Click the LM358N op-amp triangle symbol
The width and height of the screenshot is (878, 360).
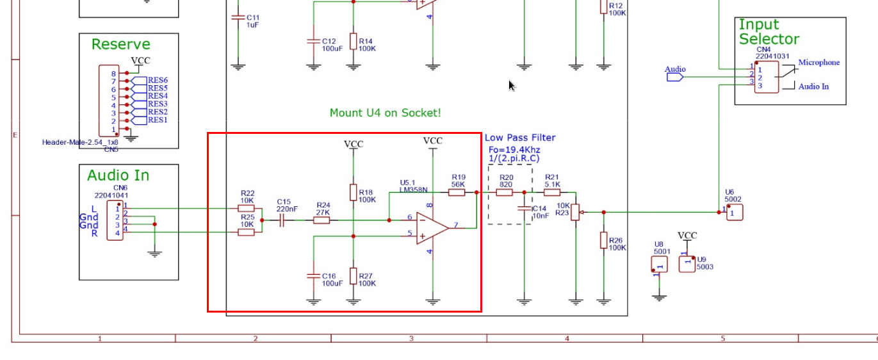pyautogui.click(x=432, y=228)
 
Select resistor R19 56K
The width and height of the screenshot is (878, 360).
pyautogui.click(x=457, y=193)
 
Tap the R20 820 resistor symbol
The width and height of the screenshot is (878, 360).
pyautogui.click(x=505, y=193)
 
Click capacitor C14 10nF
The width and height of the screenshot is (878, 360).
pyautogui.click(x=524, y=209)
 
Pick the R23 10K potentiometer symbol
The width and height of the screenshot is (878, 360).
pyautogui.click(x=575, y=212)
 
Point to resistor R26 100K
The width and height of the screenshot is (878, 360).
pyautogui.click(x=604, y=240)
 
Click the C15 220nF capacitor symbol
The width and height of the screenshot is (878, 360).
pyautogui.click(x=281, y=220)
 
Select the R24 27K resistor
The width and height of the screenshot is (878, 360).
pyautogui.click(x=321, y=220)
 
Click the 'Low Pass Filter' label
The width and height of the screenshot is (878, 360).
pyautogui.click(x=520, y=138)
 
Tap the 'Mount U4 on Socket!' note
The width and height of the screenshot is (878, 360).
pyautogui.click(x=386, y=113)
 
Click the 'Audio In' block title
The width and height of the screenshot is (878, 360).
pyautogui.click(x=118, y=176)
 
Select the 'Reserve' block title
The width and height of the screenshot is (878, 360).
pyautogui.click(x=121, y=44)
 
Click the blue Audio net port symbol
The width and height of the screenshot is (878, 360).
pyautogui.click(x=675, y=78)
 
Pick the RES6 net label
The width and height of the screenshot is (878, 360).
pyautogui.click(x=158, y=80)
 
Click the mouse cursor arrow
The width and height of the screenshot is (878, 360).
pyautogui.click(x=512, y=85)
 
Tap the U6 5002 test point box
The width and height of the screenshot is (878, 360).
pyautogui.click(x=735, y=213)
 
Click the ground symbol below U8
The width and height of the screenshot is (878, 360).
pyautogui.click(x=659, y=298)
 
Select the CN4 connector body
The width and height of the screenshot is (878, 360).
pyautogui.click(x=767, y=77)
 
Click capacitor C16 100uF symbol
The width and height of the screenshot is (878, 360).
pyautogui.click(x=314, y=276)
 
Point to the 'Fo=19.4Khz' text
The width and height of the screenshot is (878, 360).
pyautogui.click(x=514, y=150)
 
